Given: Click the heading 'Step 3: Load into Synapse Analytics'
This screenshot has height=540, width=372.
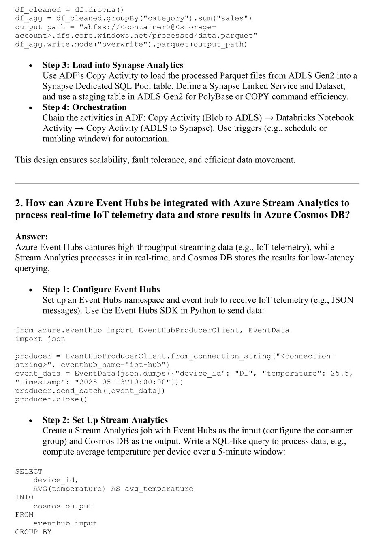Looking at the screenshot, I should coord(113,65).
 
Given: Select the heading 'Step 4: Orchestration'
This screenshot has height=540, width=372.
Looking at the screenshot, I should coord(84,107).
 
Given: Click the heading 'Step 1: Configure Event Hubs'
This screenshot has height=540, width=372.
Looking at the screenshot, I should coord(101,290).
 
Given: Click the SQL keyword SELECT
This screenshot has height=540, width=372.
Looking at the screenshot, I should coord(28,472).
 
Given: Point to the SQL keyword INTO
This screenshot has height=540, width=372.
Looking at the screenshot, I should coord(24,497).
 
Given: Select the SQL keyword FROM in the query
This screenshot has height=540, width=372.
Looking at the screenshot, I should coord(24,515).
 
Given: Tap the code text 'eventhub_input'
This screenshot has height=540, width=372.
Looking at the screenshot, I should coord(65,523).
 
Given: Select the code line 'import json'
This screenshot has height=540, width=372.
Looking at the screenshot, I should coord(40,339).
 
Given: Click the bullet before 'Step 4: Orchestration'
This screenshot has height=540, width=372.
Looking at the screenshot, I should coord(30,108).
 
